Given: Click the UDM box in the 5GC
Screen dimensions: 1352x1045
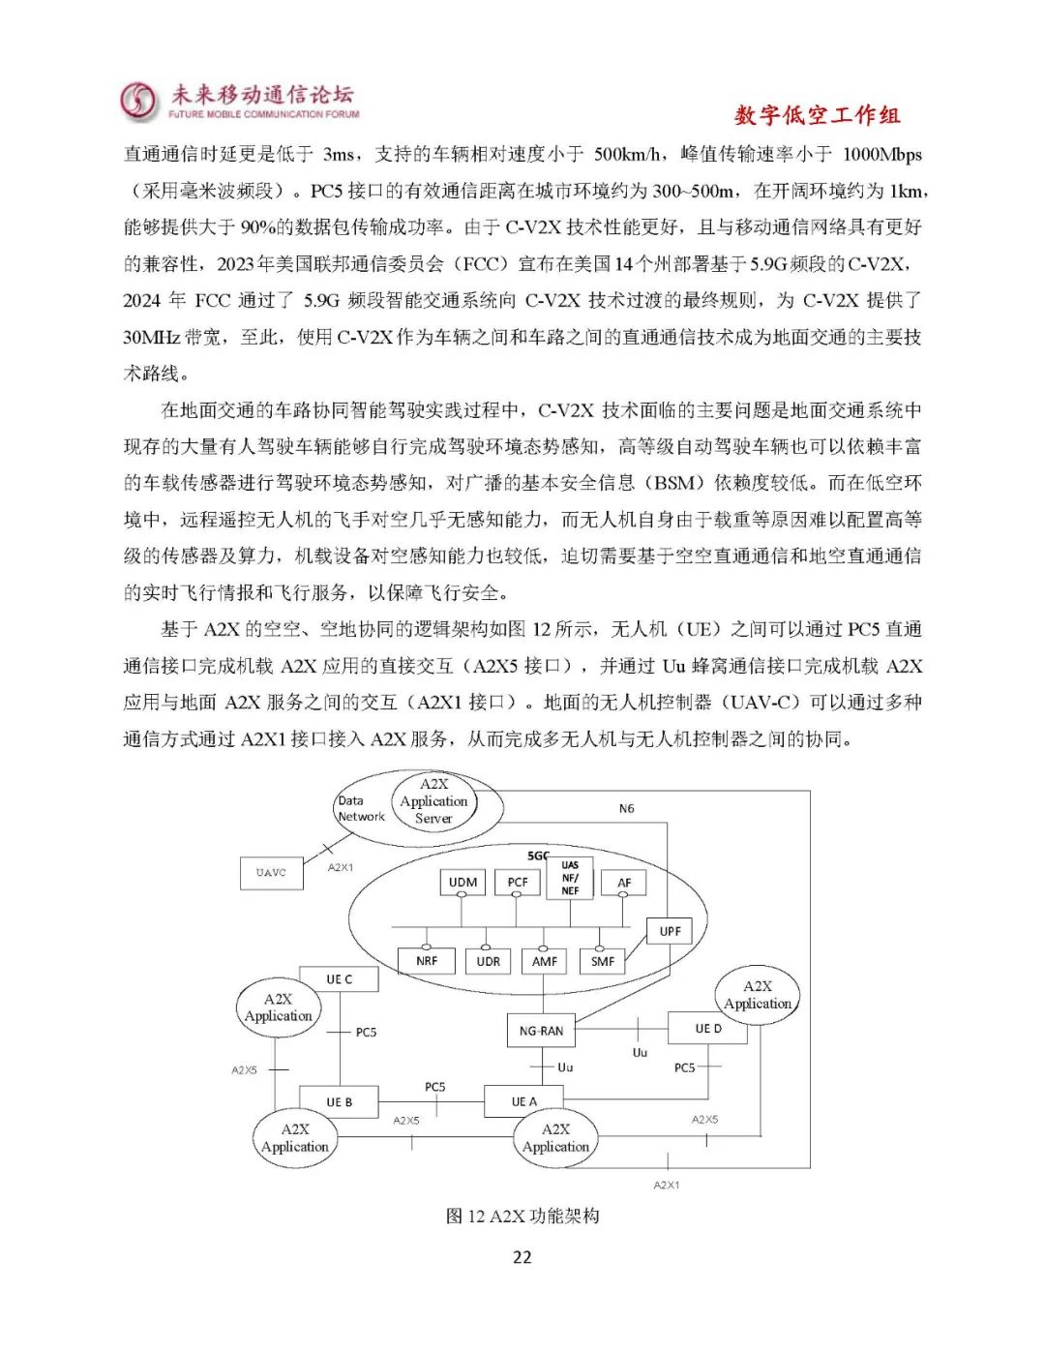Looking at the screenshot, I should (463, 882).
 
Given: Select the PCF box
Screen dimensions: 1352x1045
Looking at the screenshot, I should (518, 882).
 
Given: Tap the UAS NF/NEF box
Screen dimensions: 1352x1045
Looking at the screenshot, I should (570, 878).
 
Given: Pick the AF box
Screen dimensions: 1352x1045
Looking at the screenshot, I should (624, 882).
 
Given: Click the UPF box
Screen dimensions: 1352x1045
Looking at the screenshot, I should (671, 931).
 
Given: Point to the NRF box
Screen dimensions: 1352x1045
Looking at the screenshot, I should (427, 961).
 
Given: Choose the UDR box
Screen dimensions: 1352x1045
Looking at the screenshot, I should (489, 961).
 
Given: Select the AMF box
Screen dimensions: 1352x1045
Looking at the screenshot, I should (545, 961).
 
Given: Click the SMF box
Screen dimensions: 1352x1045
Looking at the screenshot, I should (603, 961).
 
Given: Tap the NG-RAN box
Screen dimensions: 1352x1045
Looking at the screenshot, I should (541, 1031).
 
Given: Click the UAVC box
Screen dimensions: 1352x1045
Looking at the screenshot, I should (271, 872).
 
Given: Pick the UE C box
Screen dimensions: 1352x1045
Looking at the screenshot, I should (339, 979).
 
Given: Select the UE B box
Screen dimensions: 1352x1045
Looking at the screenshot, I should (339, 1101).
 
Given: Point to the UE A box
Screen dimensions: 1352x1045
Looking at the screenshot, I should (523, 1101).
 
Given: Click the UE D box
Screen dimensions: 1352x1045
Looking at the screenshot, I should (708, 1029).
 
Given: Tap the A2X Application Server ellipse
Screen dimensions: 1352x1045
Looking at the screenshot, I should (433, 801).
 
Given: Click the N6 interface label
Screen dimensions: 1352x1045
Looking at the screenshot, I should (627, 808).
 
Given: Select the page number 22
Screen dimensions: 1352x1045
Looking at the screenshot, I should (522, 1257).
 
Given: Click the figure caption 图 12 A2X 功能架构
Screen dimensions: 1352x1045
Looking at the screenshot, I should (522, 1216).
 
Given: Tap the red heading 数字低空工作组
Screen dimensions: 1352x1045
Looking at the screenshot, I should (817, 115).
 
